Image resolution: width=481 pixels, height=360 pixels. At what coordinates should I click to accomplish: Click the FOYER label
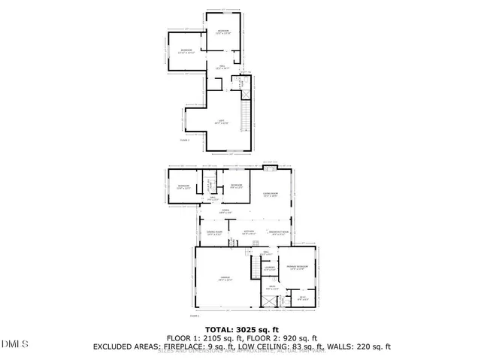[x=225, y=211]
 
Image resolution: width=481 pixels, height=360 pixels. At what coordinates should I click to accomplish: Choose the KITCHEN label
[x=250, y=232]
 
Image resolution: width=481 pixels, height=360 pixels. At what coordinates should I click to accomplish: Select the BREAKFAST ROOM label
[x=279, y=232]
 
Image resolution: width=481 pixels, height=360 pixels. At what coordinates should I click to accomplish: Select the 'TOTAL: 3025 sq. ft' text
[x=240, y=329]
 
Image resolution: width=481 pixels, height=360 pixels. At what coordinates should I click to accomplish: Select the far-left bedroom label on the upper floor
[x=186, y=52]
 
